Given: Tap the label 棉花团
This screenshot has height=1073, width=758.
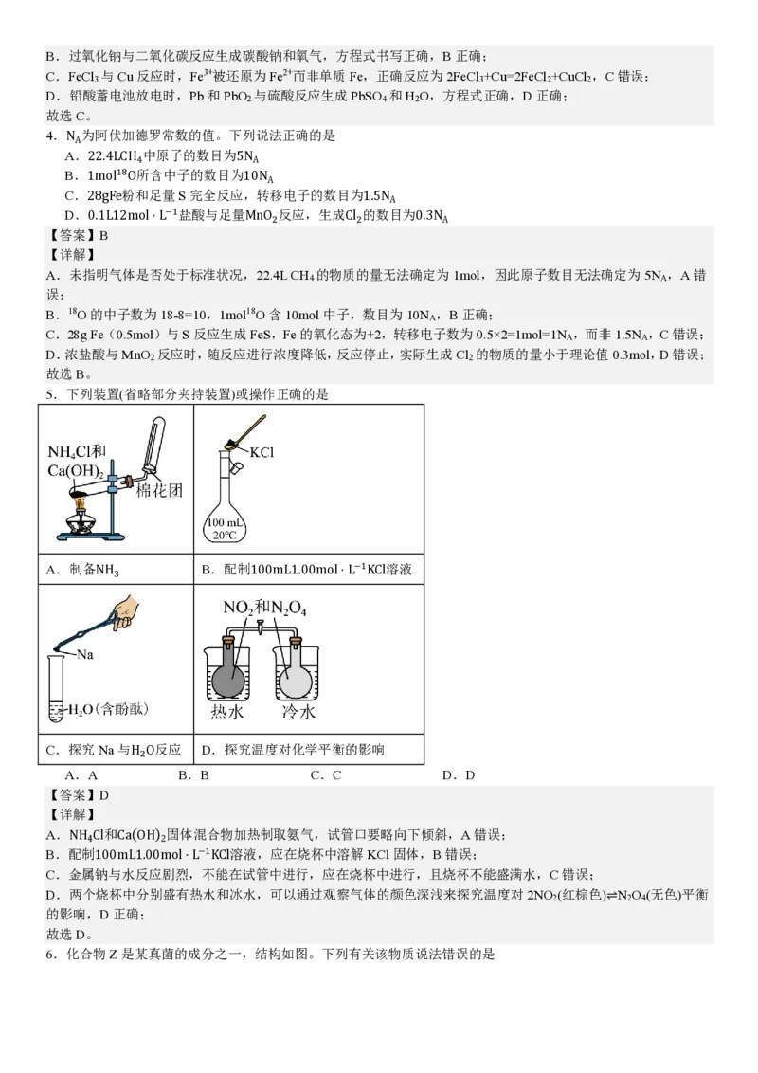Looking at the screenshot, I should pos(157,490).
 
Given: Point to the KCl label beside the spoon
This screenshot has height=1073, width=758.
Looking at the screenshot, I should pos(261,452).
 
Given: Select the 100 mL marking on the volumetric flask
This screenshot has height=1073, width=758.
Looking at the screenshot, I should pos(226,523).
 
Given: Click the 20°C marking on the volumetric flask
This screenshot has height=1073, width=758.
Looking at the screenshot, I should pos(226,536).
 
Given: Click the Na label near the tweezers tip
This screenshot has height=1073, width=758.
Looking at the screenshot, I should pos(85,654).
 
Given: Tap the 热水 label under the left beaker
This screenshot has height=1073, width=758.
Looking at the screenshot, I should pos(230,712).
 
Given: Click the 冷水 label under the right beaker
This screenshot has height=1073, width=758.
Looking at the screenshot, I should pos(295,712).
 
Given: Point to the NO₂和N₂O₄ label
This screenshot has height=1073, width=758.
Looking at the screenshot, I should pos(264,608).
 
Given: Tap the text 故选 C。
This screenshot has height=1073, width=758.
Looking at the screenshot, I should pos(69,117).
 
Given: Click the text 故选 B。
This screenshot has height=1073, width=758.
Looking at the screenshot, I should pos(69,373).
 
